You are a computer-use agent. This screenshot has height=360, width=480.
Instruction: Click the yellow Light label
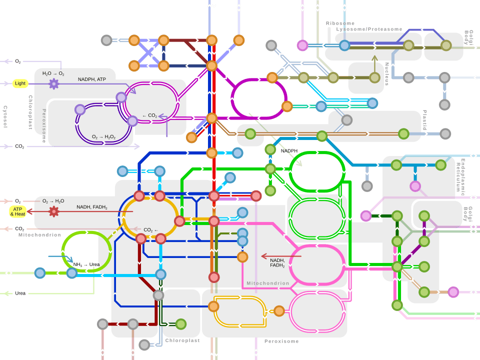pos(20,83)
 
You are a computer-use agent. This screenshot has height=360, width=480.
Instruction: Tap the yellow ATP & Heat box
pos(18,211)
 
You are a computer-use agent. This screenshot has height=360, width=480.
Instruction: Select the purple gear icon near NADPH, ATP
pos(53,83)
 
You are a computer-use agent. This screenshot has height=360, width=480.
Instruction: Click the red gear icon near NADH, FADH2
pos(53,211)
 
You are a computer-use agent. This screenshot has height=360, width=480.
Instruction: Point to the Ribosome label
pos(340,23)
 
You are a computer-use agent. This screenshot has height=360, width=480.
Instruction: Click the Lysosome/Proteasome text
pos(369,29)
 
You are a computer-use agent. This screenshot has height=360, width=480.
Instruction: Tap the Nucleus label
pos(387,74)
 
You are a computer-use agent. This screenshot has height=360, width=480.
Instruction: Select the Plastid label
pos(424,120)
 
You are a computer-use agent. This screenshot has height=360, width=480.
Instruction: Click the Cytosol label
pos(5,116)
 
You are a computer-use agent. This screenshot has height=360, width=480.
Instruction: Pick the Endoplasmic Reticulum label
pos(460,176)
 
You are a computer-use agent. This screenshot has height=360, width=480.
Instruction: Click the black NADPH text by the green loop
pos(289,150)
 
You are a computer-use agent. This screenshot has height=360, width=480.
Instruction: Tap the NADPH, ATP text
pos(91,79)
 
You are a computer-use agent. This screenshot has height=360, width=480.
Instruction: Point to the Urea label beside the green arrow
pos(20,293)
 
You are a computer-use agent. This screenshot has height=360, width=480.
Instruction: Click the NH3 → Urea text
pos(86,264)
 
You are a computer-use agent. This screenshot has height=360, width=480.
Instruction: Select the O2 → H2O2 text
pos(104,136)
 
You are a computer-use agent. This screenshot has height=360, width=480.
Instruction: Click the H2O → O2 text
pos(53,73)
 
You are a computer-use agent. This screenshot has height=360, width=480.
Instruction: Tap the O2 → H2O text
pos(53,201)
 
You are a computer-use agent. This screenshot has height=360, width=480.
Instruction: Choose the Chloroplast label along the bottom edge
pos(182,340)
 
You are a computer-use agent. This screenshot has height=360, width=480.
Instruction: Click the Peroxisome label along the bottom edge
pos(281,341)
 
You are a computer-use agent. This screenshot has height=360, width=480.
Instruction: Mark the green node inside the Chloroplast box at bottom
pos(180,324)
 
